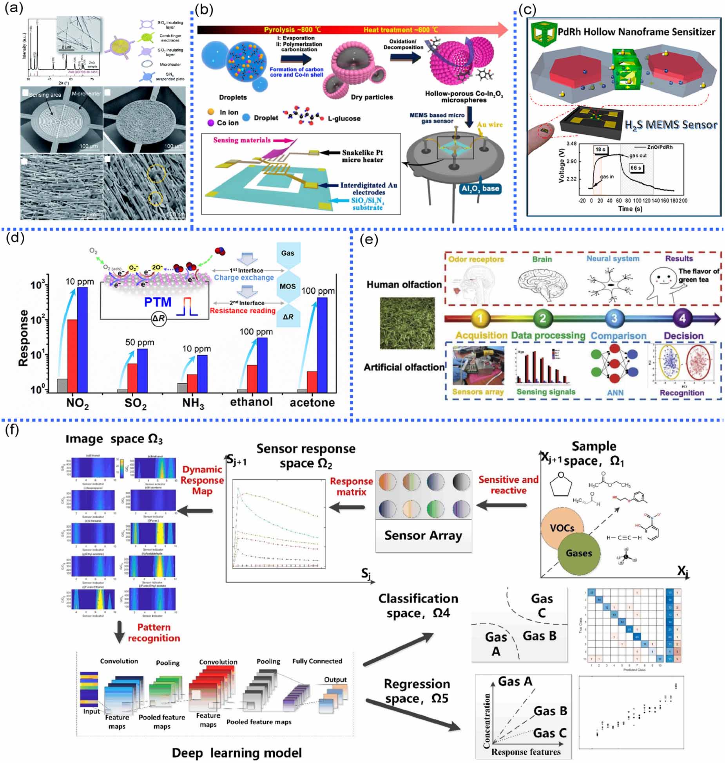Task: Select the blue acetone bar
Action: point(322,345)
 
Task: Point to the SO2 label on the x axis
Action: point(135,403)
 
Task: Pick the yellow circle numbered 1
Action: point(480,319)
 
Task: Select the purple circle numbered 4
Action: point(682,319)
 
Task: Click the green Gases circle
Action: point(579,553)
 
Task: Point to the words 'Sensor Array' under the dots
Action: point(423,535)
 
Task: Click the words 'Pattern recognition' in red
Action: point(154,633)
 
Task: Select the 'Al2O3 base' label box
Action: point(480,189)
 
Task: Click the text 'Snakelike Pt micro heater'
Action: point(362,156)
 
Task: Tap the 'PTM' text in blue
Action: point(158,302)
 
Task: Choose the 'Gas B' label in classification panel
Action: point(539,636)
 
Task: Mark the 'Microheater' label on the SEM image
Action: point(86,94)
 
